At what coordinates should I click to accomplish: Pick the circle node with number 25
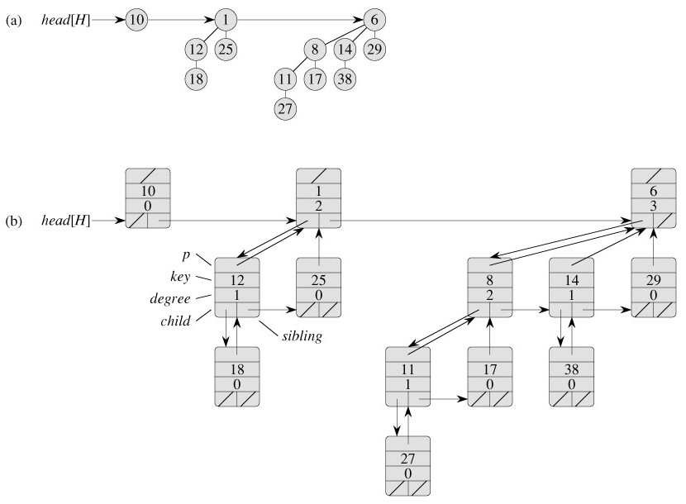tap(226, 49)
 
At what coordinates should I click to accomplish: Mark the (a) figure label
tap(12, 20)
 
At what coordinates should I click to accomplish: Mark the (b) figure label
tap(12, 221)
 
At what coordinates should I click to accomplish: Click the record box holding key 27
tap(408, 464)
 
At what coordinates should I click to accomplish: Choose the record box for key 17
tap(490, 377)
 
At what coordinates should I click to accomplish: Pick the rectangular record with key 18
tap(237, 377)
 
